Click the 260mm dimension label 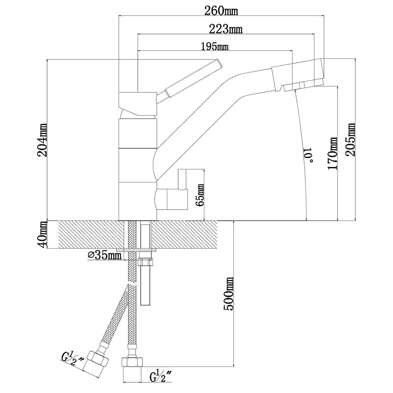[x=221, y=10]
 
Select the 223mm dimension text [x=226, y=29]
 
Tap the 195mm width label [x=215, y=46]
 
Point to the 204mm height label [x=42, y=140]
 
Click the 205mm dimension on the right [x=351, y=140]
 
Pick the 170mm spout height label [x=333, y=153]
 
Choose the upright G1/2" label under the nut [x=161, y=376]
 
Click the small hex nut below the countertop [x=145, y=262]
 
